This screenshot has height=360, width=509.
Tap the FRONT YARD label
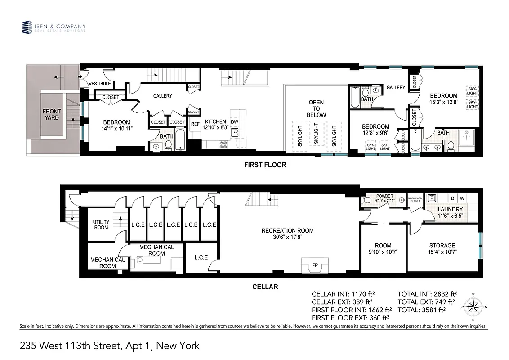[52, 114]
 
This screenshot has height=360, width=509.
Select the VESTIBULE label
[100, 84]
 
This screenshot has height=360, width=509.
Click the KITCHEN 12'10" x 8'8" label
[215, 125]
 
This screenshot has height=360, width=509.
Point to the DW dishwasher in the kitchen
[234, 122]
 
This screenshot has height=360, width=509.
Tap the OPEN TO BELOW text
[316, 109]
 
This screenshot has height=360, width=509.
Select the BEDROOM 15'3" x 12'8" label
[443, 99]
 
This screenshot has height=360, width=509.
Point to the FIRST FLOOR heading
[265, 165]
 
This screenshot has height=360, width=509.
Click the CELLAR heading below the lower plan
[265, 287]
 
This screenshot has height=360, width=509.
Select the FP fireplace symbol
[315, 265]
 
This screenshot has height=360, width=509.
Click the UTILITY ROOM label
[101, 225]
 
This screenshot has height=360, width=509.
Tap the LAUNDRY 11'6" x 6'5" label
[450, 212]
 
